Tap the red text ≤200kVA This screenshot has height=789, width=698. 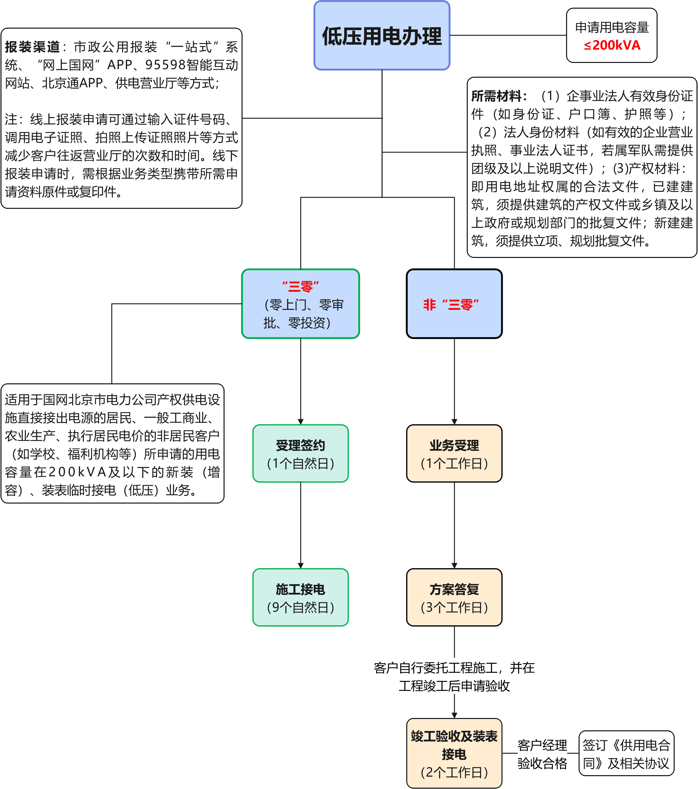[x=612, y=46]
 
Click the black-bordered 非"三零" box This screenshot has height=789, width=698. [x=454, y=304]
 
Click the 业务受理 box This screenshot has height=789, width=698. [x=454, y=454]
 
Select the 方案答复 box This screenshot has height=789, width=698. [x=454, y=598]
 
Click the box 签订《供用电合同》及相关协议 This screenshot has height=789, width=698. [x=626, y=753]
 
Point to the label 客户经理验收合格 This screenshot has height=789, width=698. [x=542, y=753]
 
